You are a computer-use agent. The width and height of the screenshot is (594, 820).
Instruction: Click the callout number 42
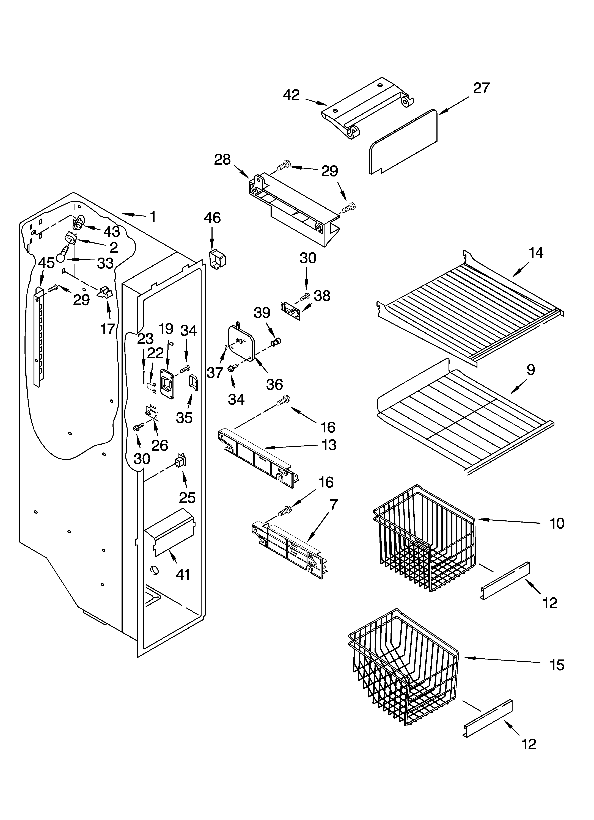coord(291,95)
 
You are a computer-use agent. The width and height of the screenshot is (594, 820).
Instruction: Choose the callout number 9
coord(530,370)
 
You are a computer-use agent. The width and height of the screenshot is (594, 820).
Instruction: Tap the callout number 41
coord(183,574)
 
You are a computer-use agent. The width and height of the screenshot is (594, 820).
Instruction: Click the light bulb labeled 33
coord(62,256)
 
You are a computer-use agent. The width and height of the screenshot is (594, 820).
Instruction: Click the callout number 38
coord(322,296)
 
